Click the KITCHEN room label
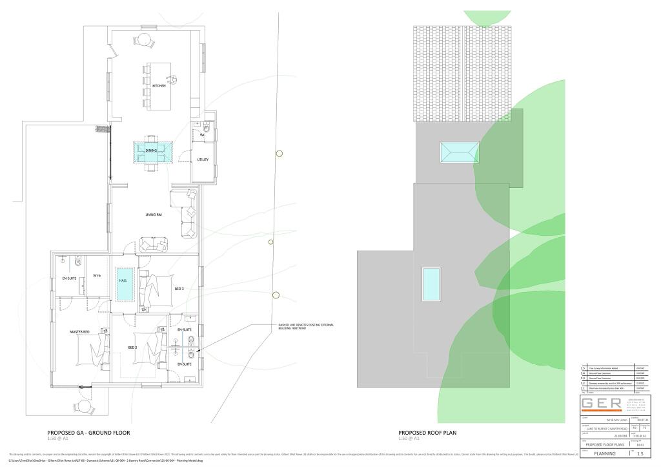click(159, 85)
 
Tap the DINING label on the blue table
click(151, 150)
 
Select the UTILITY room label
click(203, 159)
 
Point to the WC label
click(202, 135)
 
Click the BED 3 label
click(179, 288)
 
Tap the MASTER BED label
click(79, 332)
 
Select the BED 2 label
click(132, 348)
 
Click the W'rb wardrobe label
click(96, 276)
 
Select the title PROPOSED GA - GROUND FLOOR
click(88, 433)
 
